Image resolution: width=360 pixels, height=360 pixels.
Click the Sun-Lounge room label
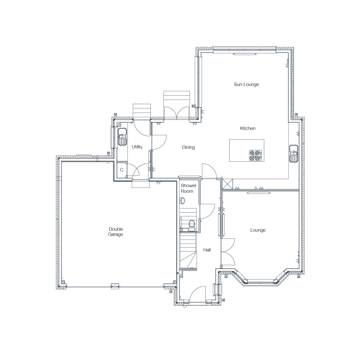246,84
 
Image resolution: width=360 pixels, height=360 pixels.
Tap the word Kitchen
247,128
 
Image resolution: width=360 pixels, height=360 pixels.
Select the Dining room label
188,147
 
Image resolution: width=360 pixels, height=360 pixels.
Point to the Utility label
137,147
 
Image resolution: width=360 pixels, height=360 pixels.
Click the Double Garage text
116,232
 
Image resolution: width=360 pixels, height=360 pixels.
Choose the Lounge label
258,230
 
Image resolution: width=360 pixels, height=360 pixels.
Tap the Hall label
207,250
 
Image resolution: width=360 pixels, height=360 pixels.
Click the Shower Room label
188,188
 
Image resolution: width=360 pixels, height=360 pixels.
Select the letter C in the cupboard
122,170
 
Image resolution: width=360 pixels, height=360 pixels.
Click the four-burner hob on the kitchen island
255,155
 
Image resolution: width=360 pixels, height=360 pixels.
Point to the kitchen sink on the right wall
294,154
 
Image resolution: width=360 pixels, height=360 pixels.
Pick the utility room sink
122,137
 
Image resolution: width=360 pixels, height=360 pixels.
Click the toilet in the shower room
191,225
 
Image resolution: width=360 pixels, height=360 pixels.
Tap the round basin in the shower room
183,201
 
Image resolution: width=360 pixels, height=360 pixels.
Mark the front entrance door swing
198,294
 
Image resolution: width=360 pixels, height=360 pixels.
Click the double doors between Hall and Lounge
228,252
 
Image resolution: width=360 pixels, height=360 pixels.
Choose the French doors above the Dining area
177,113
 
